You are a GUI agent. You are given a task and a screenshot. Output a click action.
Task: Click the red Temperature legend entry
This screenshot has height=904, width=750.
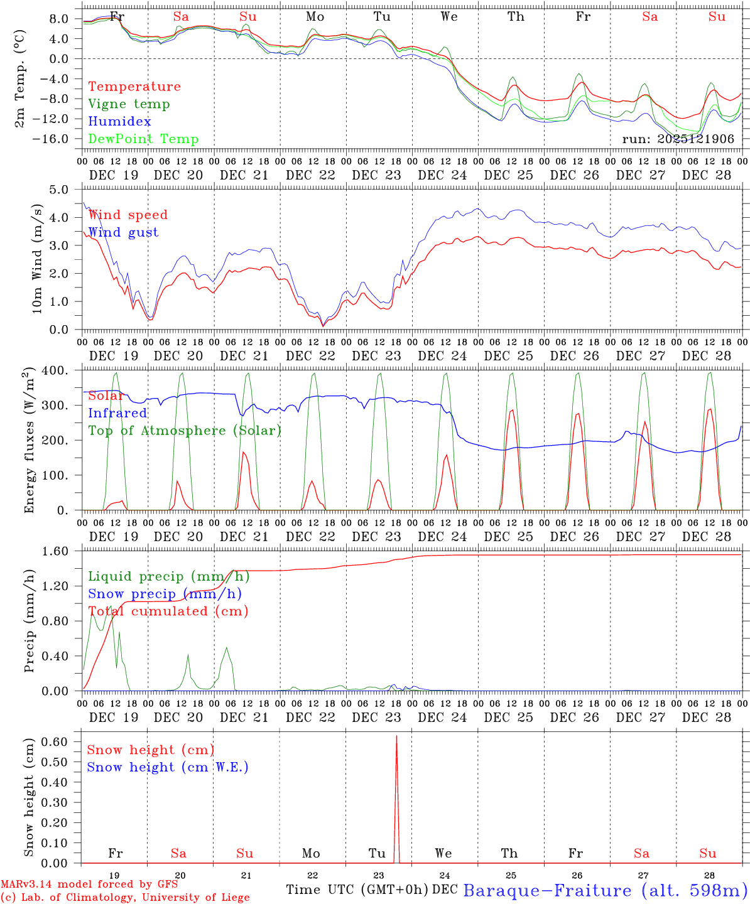click(134, 87)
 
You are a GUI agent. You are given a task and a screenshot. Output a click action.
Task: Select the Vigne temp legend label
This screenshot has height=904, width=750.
click(129, 104)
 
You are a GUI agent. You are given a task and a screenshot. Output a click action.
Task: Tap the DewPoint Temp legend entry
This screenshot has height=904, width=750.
click(143, 139)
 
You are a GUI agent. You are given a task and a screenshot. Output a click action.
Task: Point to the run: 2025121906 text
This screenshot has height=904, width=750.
click(678, 139)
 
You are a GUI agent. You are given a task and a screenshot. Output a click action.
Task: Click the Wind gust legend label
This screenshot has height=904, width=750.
click(123, 232)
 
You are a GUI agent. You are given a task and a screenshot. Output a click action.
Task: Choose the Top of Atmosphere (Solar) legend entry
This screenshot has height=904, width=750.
click(184, 431)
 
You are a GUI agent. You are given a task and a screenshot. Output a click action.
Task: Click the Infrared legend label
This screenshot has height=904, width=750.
click(117, 413)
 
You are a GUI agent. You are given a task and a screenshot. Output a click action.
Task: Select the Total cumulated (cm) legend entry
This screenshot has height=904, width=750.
click(168, 611)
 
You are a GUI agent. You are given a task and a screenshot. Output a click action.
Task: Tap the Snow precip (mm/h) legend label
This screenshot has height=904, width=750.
click(165, 594)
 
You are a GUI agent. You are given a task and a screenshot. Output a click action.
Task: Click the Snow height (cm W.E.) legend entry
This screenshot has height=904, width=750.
click(167, 767)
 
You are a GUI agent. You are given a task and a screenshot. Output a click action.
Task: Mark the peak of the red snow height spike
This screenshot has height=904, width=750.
click(396, 736)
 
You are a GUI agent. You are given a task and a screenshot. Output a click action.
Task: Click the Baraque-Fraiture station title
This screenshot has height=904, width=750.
click(605, 890)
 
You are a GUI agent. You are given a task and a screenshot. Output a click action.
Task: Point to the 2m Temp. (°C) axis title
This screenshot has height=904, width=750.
click(20, 78)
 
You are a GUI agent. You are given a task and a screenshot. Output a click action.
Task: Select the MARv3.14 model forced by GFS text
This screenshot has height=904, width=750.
click(89, 885)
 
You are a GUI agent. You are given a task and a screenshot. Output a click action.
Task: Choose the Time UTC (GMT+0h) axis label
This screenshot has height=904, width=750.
click(357, 890)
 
